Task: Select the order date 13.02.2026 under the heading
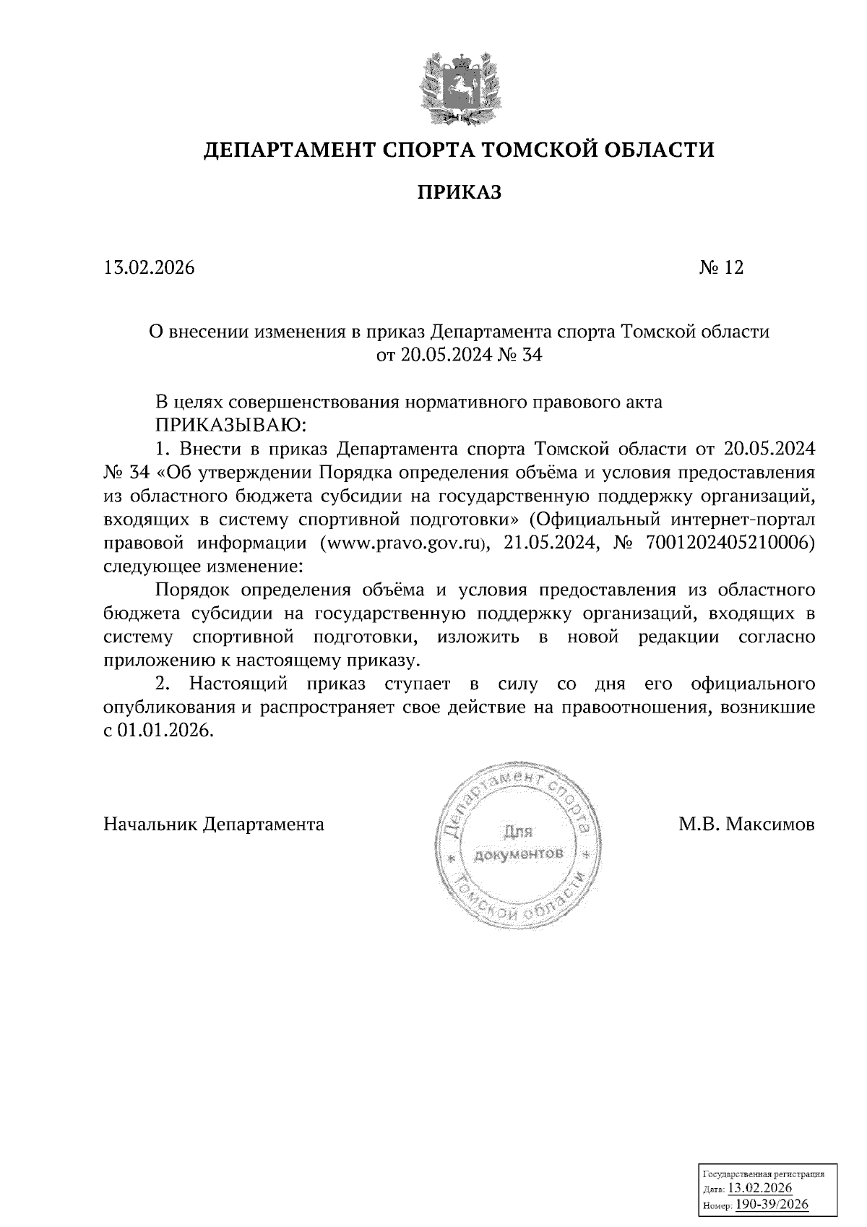click(x=150, y=268)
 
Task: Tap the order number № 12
click(x=721, y=268)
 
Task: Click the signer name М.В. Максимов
click(x=746, y=824)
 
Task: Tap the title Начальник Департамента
click(x=214, y=824)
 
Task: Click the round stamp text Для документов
click(x=517, y=843)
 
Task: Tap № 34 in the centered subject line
click(x=519, y=355)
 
